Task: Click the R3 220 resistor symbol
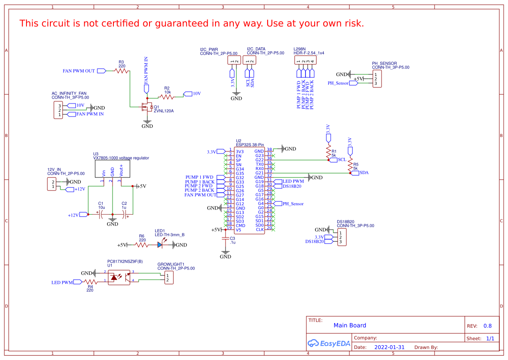[x=121, y=70]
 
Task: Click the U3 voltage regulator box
[x=112, y=169]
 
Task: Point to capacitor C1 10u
[x=101, y=214]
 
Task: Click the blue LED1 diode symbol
[x=160, y=245]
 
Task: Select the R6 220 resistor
[x=142, y=245]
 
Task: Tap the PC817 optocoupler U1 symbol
[x=119, y=277]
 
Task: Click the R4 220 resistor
[x=90, y=282]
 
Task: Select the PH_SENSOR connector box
[x=377, y=79]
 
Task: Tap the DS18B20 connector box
[x=342, y=237]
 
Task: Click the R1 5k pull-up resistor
[x=329, y=151]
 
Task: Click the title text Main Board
[x=350, y=325]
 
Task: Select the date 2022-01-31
[x=389, y=347]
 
